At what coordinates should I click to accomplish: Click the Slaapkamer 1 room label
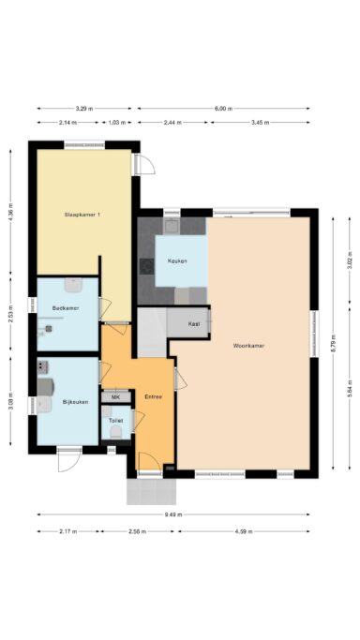pos(82,216)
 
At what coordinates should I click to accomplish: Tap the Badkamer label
pos(65,307)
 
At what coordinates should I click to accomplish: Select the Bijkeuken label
pos(75,402)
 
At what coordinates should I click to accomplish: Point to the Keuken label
pos(176,260)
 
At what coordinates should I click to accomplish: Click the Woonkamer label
pos(248,346)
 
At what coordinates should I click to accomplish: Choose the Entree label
pos(154,396)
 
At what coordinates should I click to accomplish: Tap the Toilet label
pos(116,421)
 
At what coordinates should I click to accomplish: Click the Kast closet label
pos(194,323)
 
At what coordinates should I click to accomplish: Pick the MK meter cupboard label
pos(116,397)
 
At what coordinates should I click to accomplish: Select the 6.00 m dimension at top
pos(222,109)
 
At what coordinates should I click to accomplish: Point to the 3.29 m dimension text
pos(84,109)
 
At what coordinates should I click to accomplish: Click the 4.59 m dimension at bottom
pos(244,531)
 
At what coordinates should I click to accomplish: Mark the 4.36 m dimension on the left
pos(10,213)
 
